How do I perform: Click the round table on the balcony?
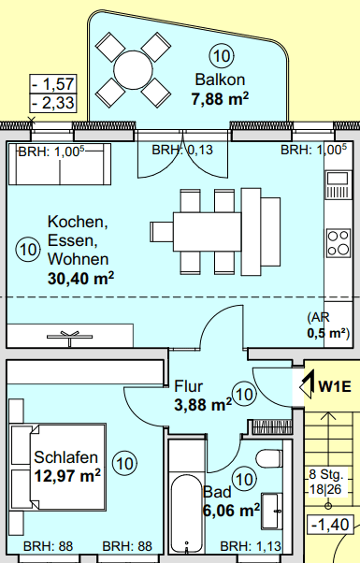coord(133,70)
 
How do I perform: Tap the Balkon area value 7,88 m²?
coord(220,98)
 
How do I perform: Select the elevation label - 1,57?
coord(53,84)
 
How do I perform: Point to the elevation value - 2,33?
coord(53,103)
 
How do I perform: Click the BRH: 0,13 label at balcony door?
coord(182,150)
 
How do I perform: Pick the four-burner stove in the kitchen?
coord(338,243)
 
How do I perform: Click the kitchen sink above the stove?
coord(338,185)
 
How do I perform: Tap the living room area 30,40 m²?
coord(80,279)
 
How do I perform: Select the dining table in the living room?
coord(207,232)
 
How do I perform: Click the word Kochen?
coord(78,222)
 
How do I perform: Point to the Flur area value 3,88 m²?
coord(203,405)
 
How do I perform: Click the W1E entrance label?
coord(335,386)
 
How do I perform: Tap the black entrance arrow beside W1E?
coord(308,385)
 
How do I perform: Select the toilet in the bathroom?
coord(269,458)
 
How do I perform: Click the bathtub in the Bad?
coord(186,514)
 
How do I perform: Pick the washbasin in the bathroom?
coord(272,511)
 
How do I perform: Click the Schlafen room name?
coord(61,457)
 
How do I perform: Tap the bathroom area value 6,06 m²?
coord(231,511)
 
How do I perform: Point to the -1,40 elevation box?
coord(330,525)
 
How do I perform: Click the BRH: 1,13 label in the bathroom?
coord(251,546)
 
